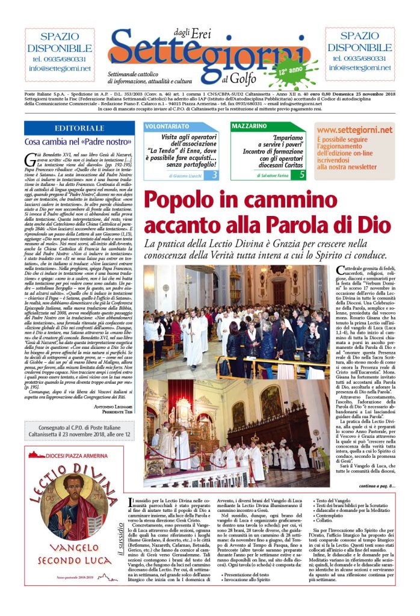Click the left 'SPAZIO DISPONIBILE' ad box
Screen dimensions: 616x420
click(x=59, y=55)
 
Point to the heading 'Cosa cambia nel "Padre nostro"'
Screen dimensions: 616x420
click(x=71, y=142)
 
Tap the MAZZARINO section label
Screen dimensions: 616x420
click(x=248, y=127)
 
